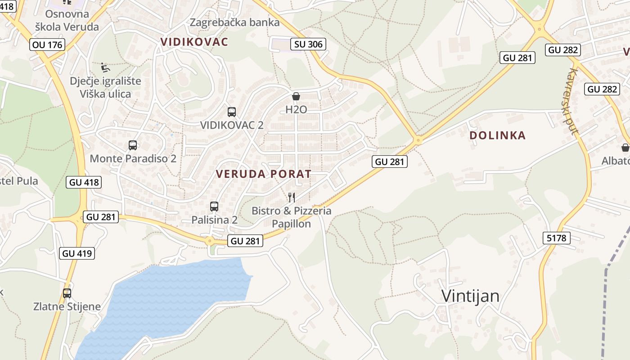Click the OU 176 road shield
coord(47,45)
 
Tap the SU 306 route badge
coord(308,44)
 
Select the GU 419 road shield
coord(77,253)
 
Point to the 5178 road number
coord(557,238)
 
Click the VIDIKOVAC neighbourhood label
coord(194,42)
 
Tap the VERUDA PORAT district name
coord(263,174)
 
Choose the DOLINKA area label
coord(497,135)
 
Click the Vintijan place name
coord(470,296)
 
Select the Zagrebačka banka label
coord(234,22)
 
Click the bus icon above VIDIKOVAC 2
coord(232,112)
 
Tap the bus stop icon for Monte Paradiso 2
coord(133,145)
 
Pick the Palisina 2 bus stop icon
coord(214,207)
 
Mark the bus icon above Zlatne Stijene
coord(67,293)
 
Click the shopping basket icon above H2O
coord(296,96)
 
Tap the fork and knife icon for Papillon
coord(292,197)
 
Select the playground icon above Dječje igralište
coord(105,67)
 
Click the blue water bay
coord(171,297)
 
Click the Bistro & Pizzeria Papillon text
coord(292,217)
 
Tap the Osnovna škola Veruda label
coord(67,20)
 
